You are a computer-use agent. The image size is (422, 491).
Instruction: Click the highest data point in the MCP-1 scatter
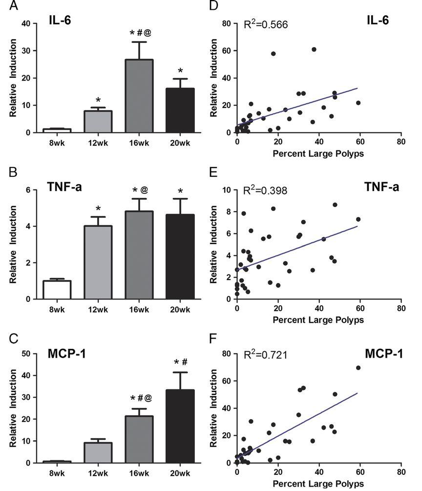[x=358, y=368]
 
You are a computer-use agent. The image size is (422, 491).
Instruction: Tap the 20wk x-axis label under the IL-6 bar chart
[x=180, y=145]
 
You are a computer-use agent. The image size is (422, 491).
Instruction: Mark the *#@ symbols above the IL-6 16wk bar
[x=139, y=33]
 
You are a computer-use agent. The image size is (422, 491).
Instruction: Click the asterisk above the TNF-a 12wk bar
[x=98, y=208]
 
